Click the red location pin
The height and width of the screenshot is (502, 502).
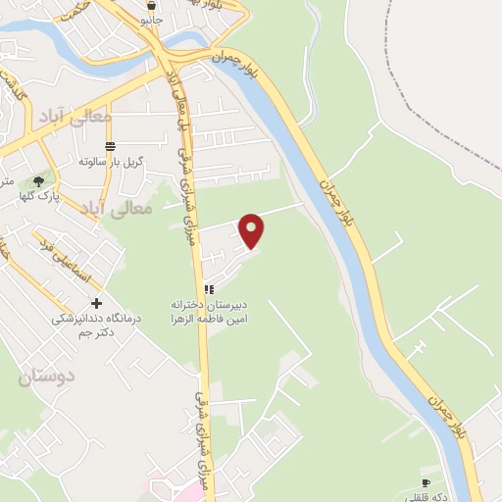(x=253, y=229)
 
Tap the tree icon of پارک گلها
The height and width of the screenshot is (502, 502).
(x=38, y=181)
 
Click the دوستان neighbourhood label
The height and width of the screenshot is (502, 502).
(x=47, y=376)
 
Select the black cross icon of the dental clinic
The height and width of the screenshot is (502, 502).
(x=96, y=304)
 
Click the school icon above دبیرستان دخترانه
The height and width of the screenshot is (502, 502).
(x=208, y=289)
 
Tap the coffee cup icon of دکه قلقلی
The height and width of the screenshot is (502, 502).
(x=426, y=483)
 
